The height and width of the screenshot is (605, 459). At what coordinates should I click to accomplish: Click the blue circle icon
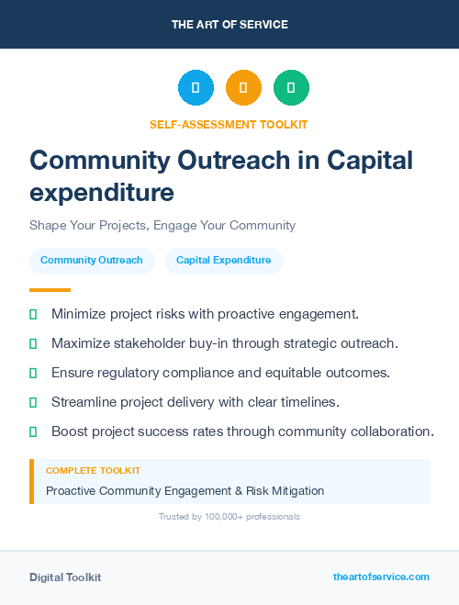point(196,87)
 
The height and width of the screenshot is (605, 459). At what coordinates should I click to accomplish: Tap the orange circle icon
point(243,87)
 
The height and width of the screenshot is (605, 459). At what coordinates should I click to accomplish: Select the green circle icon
point(291,87)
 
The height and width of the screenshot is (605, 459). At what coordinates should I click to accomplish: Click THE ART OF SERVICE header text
point(229,25)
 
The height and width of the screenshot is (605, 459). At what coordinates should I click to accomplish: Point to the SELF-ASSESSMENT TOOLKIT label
point(229,124)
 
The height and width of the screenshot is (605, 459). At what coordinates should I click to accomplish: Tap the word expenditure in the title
point(101,193)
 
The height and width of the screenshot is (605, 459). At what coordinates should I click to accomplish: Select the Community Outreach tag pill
point(92,260)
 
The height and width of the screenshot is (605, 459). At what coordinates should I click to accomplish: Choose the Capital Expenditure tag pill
point(224,260)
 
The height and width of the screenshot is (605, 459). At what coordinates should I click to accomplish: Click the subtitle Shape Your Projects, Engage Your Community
point(162,225)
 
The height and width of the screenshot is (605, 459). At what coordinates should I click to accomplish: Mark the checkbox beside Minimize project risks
point(33,314)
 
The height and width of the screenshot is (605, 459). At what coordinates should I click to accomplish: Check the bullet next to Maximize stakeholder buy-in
point(33,343)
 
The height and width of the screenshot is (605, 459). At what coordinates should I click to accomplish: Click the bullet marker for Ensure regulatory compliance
point(33,373)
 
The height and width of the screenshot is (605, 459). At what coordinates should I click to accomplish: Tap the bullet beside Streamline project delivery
point(33,402)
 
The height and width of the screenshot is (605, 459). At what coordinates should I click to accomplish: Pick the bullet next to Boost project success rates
point(33,431)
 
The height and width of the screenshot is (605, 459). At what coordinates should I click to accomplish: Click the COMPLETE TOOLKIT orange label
point(93,470)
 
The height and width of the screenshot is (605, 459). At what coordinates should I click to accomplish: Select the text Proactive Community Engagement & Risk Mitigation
point(185,490)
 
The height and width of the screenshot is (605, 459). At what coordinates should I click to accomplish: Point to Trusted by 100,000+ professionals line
point(229,517)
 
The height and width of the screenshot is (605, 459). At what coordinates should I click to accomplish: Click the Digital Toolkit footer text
point(65,577)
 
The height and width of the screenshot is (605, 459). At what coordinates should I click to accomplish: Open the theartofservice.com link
point(381,577)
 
